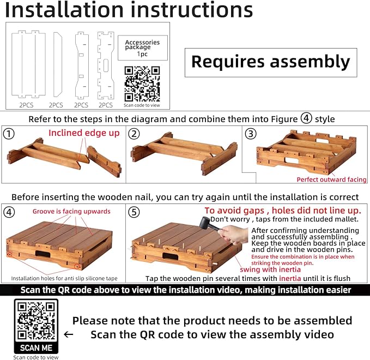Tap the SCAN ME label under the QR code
click(36, 347)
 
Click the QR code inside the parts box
click(142, 84)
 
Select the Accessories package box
click(143, 48)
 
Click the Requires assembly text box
click(271, 63)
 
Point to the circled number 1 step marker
click(9, 134)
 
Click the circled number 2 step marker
click(134, 134)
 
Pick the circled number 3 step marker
click(251, 134)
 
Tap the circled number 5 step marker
click(134, 212)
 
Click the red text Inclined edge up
click(84, 133)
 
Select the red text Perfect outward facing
click(331, 179)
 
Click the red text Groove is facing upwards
click(71, 212)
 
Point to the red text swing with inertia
click(270, 269)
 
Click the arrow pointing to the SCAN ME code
click(69, 334)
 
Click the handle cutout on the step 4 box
click(43, 254)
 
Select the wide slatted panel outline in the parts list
click(28, 64)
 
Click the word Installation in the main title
click(64, 10)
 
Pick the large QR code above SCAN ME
click(36, 321)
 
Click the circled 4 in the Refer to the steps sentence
click(306, 118)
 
